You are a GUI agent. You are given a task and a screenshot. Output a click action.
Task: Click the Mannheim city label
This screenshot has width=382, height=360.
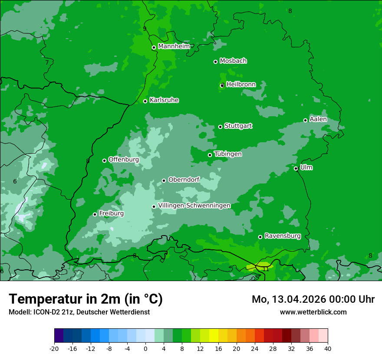[x=174, y=46]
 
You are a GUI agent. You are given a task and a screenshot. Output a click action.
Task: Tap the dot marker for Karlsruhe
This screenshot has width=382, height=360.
[x=145, y=101]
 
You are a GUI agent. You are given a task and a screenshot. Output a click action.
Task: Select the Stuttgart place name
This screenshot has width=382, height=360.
[x=238, y=126]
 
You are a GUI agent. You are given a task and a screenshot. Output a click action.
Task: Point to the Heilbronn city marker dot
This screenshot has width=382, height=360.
[x=222, y=85]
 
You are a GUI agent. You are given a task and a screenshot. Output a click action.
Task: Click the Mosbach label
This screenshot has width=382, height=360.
[x=233, y=61]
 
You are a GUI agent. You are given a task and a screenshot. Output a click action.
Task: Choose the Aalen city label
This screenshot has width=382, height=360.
[x=318, y=119]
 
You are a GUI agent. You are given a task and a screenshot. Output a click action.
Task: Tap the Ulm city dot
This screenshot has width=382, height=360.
[x=296, y=169]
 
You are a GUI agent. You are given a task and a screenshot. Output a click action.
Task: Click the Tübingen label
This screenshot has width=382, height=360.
[x=228, y=154]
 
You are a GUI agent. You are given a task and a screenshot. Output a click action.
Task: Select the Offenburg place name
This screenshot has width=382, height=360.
[x=124, y=159]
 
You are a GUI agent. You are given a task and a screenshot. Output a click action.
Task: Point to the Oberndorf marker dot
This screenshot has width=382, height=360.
[x=164, y=180]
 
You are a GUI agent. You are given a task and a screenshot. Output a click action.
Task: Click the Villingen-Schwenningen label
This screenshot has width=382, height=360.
[x=194, y=206]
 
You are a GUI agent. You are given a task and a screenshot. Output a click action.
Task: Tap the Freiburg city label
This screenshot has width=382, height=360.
[x=111, y=213]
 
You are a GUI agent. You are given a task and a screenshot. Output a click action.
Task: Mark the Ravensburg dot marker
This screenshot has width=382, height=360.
[x=260, y=237]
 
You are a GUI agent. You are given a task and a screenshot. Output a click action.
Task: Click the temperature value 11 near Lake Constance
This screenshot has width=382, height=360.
[x=265, y=269]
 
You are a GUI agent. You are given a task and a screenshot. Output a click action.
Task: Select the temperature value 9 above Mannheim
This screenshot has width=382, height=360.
[x=145, y=29]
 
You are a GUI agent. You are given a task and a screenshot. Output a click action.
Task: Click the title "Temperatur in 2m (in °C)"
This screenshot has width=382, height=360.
[x=86, y=299]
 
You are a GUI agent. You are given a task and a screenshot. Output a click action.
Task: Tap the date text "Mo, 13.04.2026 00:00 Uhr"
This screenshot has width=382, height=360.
[x=313, y=299]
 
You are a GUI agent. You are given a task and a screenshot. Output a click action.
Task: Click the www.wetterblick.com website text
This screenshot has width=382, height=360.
[x=313, y=312]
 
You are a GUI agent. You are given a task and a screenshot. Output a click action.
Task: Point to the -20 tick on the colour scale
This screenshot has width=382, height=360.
[x=54, y=348]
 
